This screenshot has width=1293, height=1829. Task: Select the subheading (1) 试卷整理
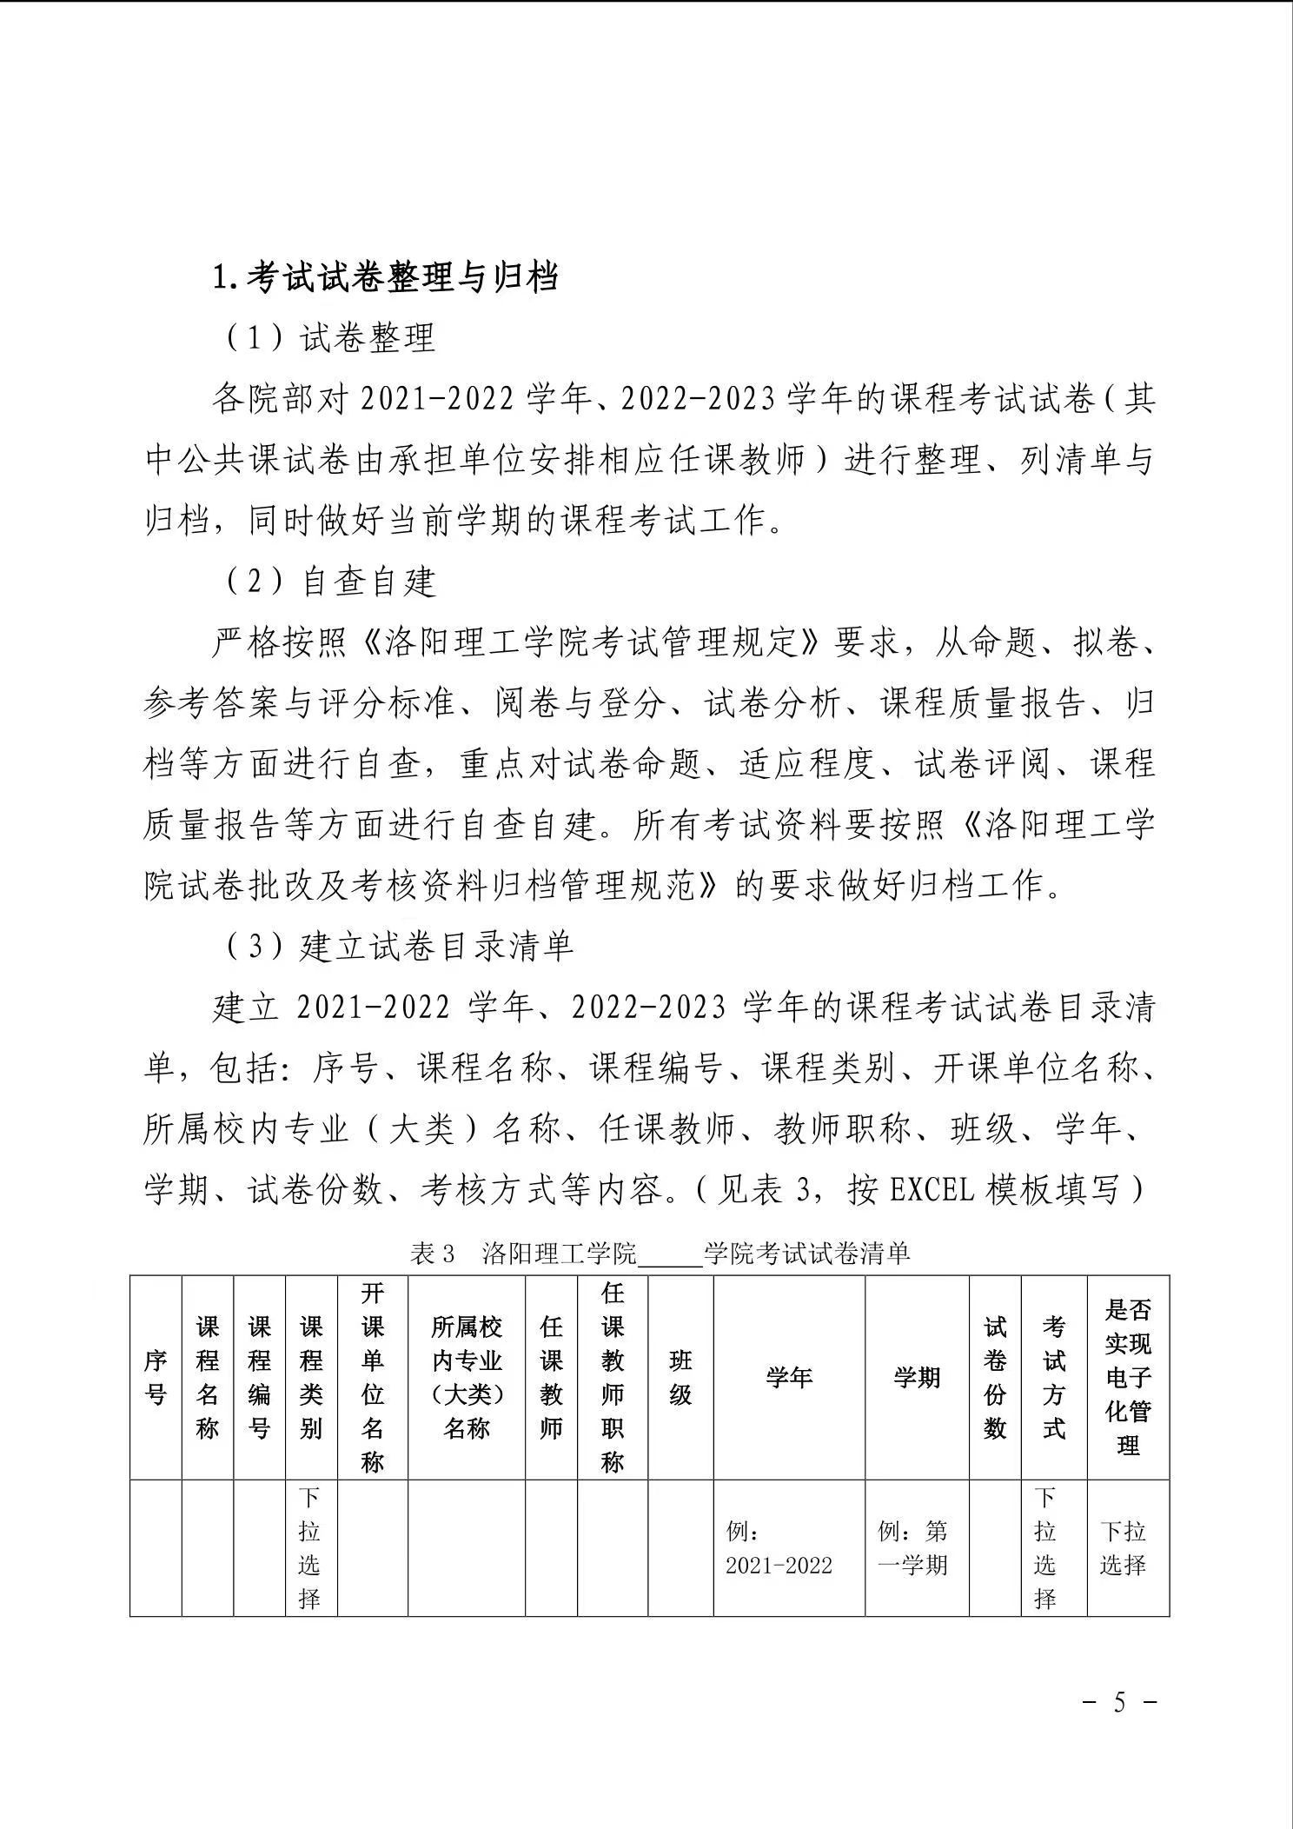pyautogui.click(x=330, y=337)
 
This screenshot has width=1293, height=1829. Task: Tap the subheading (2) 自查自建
pyautogui.click(x=330, y=582)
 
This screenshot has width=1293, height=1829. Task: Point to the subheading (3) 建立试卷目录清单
pyautogui.click(x=400, y=947)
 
